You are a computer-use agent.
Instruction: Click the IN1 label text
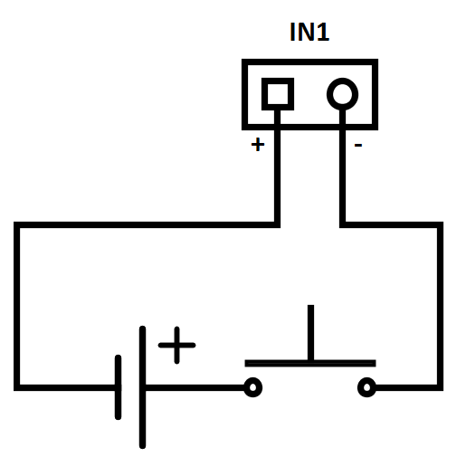309,32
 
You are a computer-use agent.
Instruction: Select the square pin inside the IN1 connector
278,94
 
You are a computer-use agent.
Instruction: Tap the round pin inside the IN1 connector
342,94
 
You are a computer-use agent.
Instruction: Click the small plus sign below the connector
258,144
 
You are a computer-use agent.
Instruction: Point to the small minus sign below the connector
358,146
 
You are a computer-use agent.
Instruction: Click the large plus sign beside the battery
176,345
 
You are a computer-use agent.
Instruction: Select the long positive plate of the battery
142,387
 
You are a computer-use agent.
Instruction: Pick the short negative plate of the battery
118,387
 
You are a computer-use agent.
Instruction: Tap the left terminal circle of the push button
252,387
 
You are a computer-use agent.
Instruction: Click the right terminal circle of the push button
366,387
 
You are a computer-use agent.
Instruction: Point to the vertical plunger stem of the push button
310,332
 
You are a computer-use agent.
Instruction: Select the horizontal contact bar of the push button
310,363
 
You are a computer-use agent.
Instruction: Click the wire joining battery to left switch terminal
195,387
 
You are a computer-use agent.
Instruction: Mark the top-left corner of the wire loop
17,225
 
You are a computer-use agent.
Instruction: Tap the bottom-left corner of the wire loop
17,387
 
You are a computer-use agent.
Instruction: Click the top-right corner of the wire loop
440,225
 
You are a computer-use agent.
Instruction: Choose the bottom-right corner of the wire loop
440,387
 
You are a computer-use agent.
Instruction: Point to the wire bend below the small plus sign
277,225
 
